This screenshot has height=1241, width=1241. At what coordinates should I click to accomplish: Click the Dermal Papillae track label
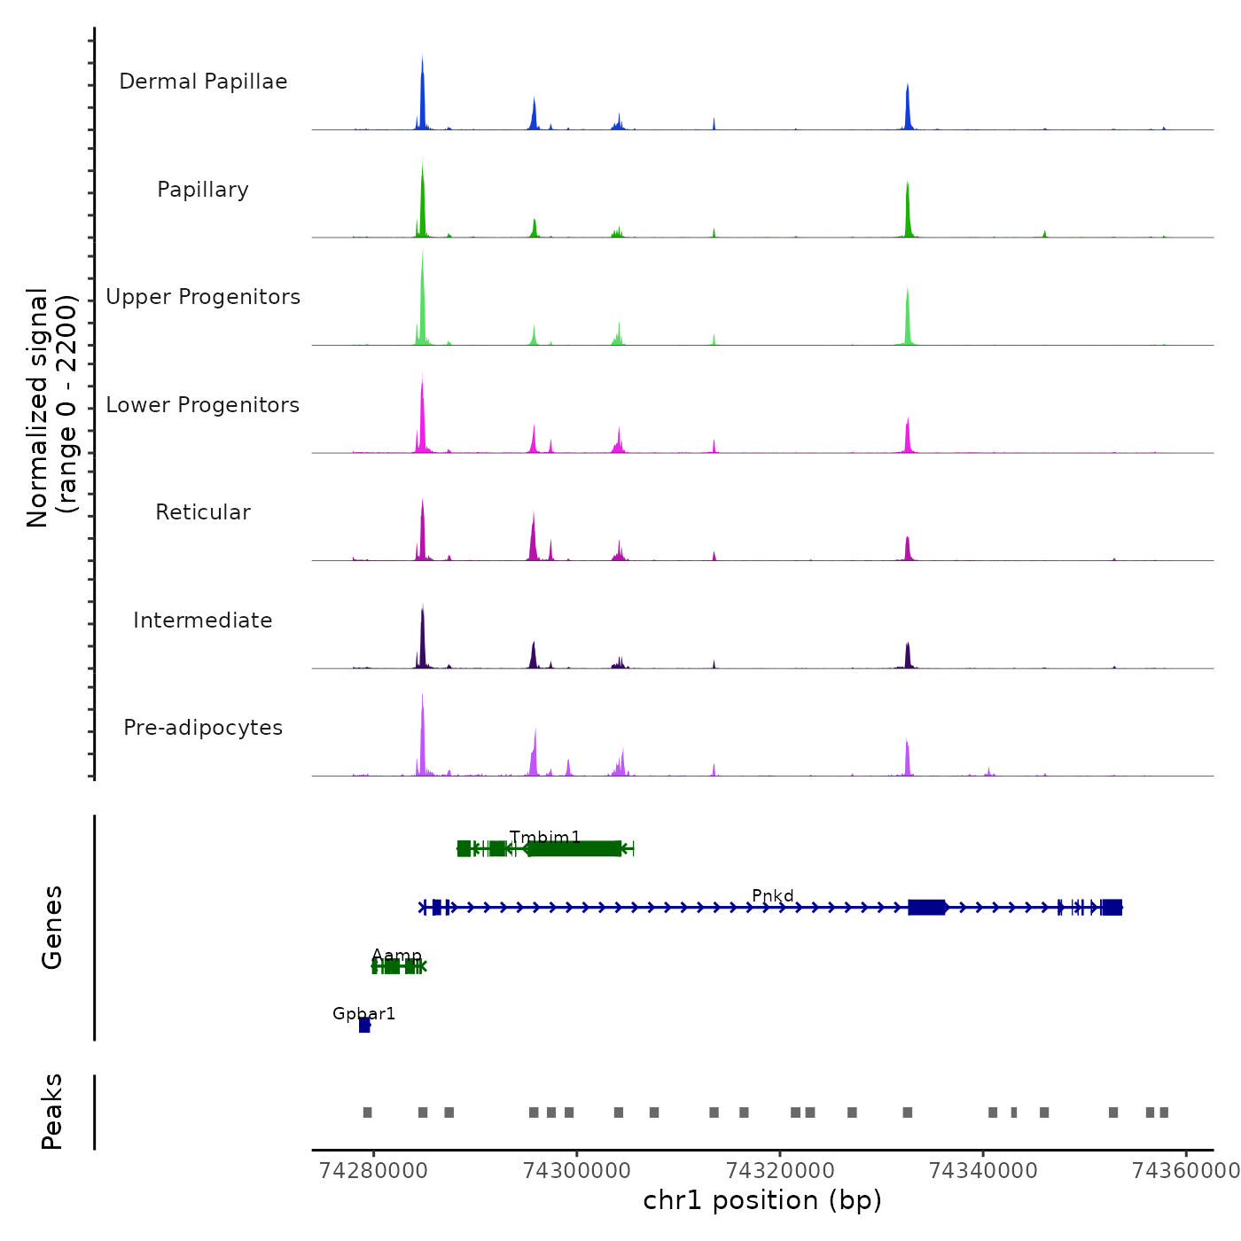click(x=203, y=82)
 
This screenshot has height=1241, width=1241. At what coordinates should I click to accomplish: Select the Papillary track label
click(x=203, y=190)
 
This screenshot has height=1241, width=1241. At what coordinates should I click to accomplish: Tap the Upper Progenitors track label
click(x=203, y=297)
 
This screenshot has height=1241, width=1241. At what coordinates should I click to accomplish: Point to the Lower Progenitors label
click(x=203, y=405)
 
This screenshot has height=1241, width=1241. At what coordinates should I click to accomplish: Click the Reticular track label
click(x=203, y=512)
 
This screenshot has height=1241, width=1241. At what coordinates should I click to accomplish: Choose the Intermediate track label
click(x=203, y=620)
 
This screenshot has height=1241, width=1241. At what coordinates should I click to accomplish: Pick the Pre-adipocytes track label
click(x=203, y=728)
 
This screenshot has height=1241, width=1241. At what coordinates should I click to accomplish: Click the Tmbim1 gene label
click(x=545, y=838)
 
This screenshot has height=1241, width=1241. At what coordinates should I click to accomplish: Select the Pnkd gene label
click(x=773, y=896)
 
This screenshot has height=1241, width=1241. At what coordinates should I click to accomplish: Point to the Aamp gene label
click(x=396, y=956)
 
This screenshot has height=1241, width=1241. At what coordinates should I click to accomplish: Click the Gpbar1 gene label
click(x=363, y=1014)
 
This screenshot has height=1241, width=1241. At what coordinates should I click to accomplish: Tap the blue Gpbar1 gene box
click(x=364, y=1026)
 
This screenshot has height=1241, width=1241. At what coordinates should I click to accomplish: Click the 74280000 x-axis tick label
click(x=373, y=1171)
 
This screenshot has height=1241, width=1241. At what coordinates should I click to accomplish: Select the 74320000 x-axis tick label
click(x=780, y=1171)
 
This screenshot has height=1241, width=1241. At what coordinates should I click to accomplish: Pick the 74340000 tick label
click(x=983, y=1171)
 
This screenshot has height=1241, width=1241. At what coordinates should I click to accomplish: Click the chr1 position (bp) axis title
click(x=762, y=1201)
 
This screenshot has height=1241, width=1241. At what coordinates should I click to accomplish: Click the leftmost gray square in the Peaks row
click(x=367, y=1112)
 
